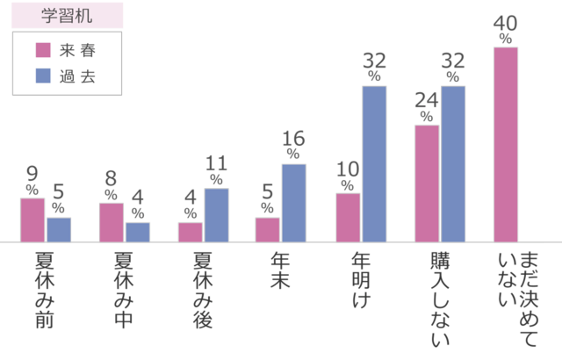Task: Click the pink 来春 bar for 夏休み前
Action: tap(32, 220)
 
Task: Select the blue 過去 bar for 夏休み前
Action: tap(59, 229)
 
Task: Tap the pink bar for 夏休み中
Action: tap(111, 222)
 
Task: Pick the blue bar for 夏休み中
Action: tap(138, 231)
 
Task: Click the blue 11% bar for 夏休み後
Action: tap(216, 215)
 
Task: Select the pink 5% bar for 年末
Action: tap(268, 229)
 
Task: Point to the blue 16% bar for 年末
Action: tap(294, 203)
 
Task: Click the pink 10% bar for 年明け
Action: tap(348, 218)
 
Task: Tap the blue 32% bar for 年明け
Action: tap(374, 163)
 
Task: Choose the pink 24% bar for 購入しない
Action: tap(427, 183)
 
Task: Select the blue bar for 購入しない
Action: tap(453, 163)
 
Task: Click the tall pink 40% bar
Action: tap(506, 144)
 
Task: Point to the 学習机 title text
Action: tap(67, 16)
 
